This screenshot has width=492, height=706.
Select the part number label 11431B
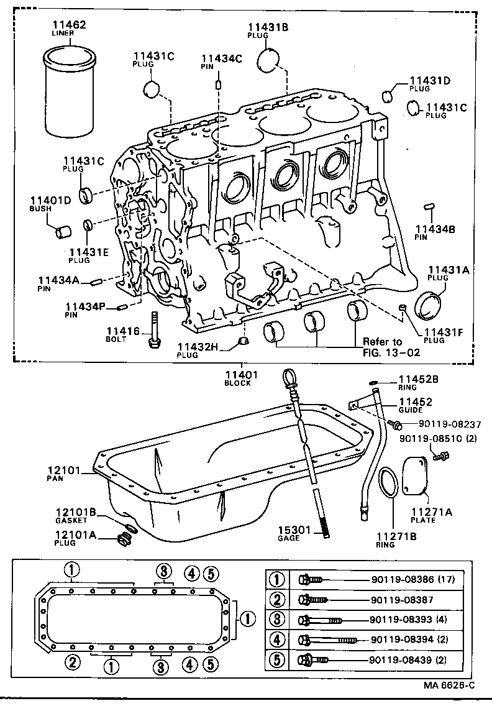(268, 27)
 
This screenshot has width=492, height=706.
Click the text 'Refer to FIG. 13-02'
(391, 347)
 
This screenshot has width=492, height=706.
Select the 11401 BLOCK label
(238, 378)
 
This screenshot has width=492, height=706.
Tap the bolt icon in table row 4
(327, 640)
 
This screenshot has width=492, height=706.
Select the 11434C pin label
(221, 60)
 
